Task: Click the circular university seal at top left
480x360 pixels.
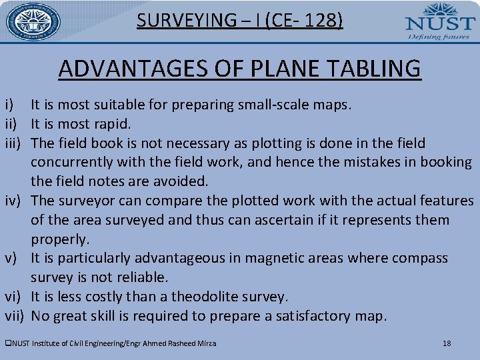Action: [33, 22]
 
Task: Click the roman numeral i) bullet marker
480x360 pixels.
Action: [9, 105]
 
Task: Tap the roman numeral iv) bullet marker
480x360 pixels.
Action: [13, 201]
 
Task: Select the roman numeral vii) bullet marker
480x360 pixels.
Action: [15, 316]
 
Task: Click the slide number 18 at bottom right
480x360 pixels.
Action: [447, 343]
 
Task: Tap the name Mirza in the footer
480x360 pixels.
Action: [205, 343]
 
